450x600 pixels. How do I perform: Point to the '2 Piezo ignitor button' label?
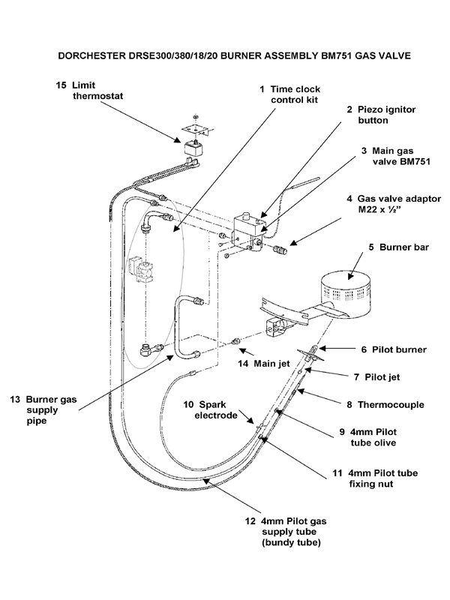[379, 114]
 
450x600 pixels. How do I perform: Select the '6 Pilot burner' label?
[390, 349]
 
